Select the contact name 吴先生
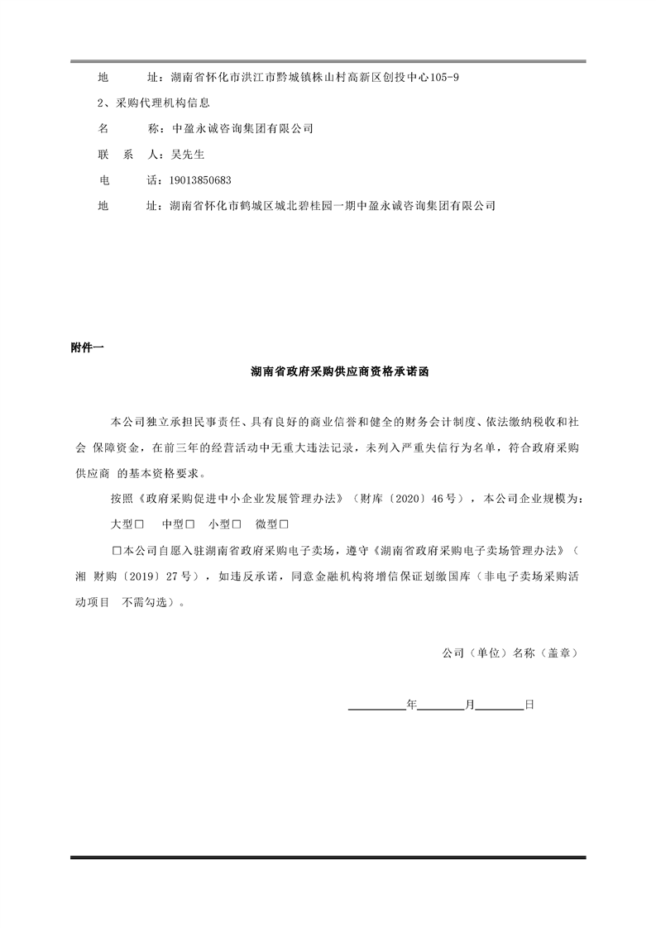187,155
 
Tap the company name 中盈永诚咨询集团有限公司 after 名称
242,129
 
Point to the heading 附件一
87,348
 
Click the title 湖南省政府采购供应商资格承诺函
340,373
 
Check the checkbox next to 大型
141,524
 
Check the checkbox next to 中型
190,524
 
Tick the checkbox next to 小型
237,524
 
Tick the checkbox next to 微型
284,524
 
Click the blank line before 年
377,706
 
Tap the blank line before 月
441,706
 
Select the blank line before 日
500,706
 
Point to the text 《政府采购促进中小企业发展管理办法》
241,500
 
